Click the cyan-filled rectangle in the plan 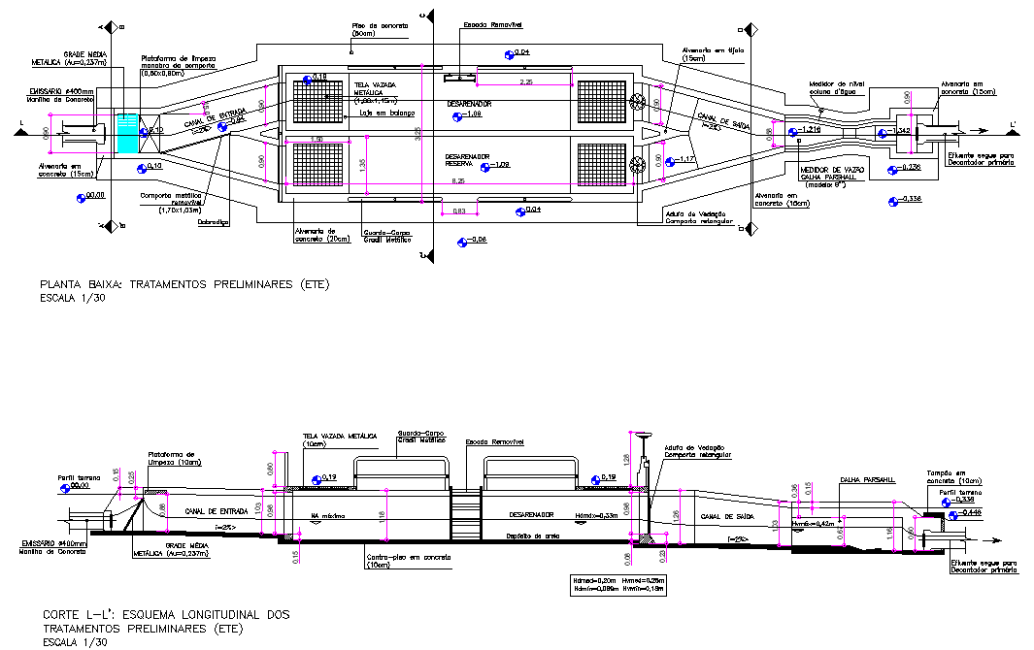[x=127, y=133]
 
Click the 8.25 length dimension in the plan [x=458, y=180]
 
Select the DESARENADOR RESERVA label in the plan [x=467, y=160]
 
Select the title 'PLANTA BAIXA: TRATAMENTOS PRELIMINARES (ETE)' [x=184, y=285]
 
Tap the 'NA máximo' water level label [x=328, y=515]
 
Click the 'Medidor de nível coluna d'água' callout [x=835, y=88]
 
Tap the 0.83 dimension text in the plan [x=459, y=210]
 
